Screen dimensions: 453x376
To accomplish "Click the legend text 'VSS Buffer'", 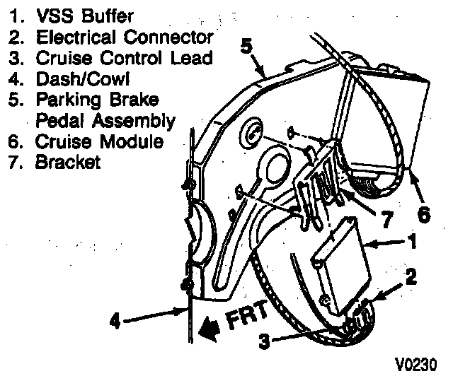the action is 77,15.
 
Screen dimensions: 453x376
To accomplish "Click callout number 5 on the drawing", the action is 246,46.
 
